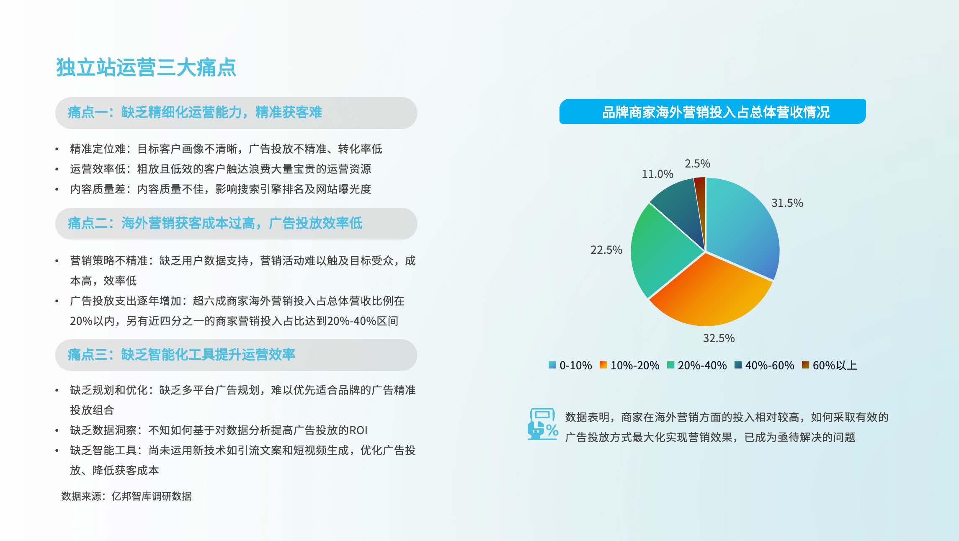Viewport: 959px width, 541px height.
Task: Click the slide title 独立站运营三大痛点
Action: tap(146, 67)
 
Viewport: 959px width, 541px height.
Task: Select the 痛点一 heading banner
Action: tap(236, 113)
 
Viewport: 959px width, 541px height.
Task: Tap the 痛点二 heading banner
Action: tap(236, 224)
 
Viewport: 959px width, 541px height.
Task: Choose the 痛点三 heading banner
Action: tap(236, 355)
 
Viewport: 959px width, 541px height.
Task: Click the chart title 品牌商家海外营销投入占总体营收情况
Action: tap(712, 111)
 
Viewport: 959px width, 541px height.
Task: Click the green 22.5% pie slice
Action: tap(662, 251)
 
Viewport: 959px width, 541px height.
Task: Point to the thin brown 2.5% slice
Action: tap(701, 201)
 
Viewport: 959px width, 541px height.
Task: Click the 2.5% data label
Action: tap(697, 164)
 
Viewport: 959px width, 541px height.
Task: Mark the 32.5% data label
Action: tap(719, 338)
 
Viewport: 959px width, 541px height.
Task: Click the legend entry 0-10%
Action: tap(570, 366)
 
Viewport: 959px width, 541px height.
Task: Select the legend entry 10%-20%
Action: tap(629, 366)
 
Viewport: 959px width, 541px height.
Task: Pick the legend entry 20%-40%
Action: tap(697, 366)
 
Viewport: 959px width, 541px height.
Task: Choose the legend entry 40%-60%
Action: tap(764, 366)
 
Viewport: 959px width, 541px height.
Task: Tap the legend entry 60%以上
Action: tap(830, 366)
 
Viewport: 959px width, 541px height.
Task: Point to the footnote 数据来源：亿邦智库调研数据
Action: tap(126, 496)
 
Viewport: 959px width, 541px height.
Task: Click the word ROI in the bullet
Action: tap(358, 430)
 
